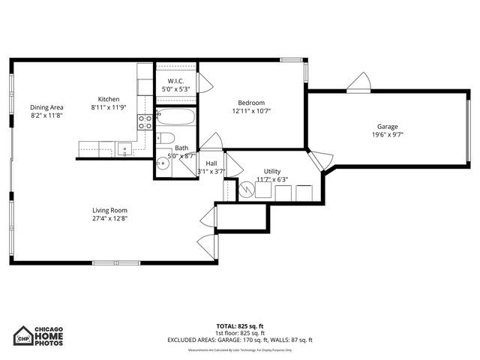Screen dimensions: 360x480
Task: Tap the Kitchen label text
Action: [109, 99]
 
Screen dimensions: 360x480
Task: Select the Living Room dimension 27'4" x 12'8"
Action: [109, 219]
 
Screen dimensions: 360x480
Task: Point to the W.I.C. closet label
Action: [176, 81]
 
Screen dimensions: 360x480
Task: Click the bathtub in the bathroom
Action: [175, 118]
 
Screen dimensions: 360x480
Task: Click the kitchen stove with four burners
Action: [145, 122]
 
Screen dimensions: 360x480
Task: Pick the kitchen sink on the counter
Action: [124, 148]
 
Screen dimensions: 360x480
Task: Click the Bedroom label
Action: [251, 103]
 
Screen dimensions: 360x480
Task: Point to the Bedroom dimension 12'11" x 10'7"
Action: [251, 111]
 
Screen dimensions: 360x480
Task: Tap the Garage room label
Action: [387, 127]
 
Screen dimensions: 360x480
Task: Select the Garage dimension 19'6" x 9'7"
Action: [387, 135]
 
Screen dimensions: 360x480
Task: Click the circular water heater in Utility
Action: [246, 190]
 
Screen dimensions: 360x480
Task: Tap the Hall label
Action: [211, 163]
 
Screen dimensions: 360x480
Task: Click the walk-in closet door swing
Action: [202, 82]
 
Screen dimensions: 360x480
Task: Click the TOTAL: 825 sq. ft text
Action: [239, 325]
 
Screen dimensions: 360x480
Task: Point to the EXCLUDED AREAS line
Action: [239, 340]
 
